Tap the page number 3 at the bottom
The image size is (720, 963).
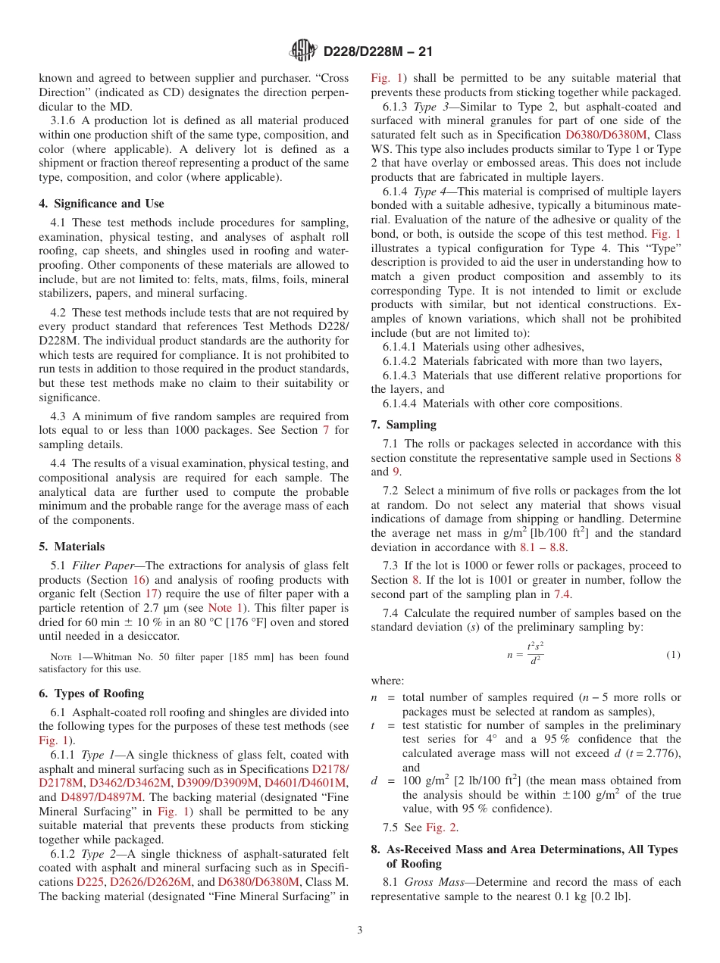tap(360, 930)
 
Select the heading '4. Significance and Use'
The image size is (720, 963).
tap(101, 204)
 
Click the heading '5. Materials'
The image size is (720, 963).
tap(72, 547)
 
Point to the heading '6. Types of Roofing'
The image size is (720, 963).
tap(91, 693)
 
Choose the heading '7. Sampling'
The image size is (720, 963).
tap(403, 425)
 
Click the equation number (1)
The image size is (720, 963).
tap(673, 655)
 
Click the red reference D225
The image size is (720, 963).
tap(91, 882)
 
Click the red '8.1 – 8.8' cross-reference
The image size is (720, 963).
tap(542, 547)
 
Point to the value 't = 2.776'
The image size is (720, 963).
tap(653, 753)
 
